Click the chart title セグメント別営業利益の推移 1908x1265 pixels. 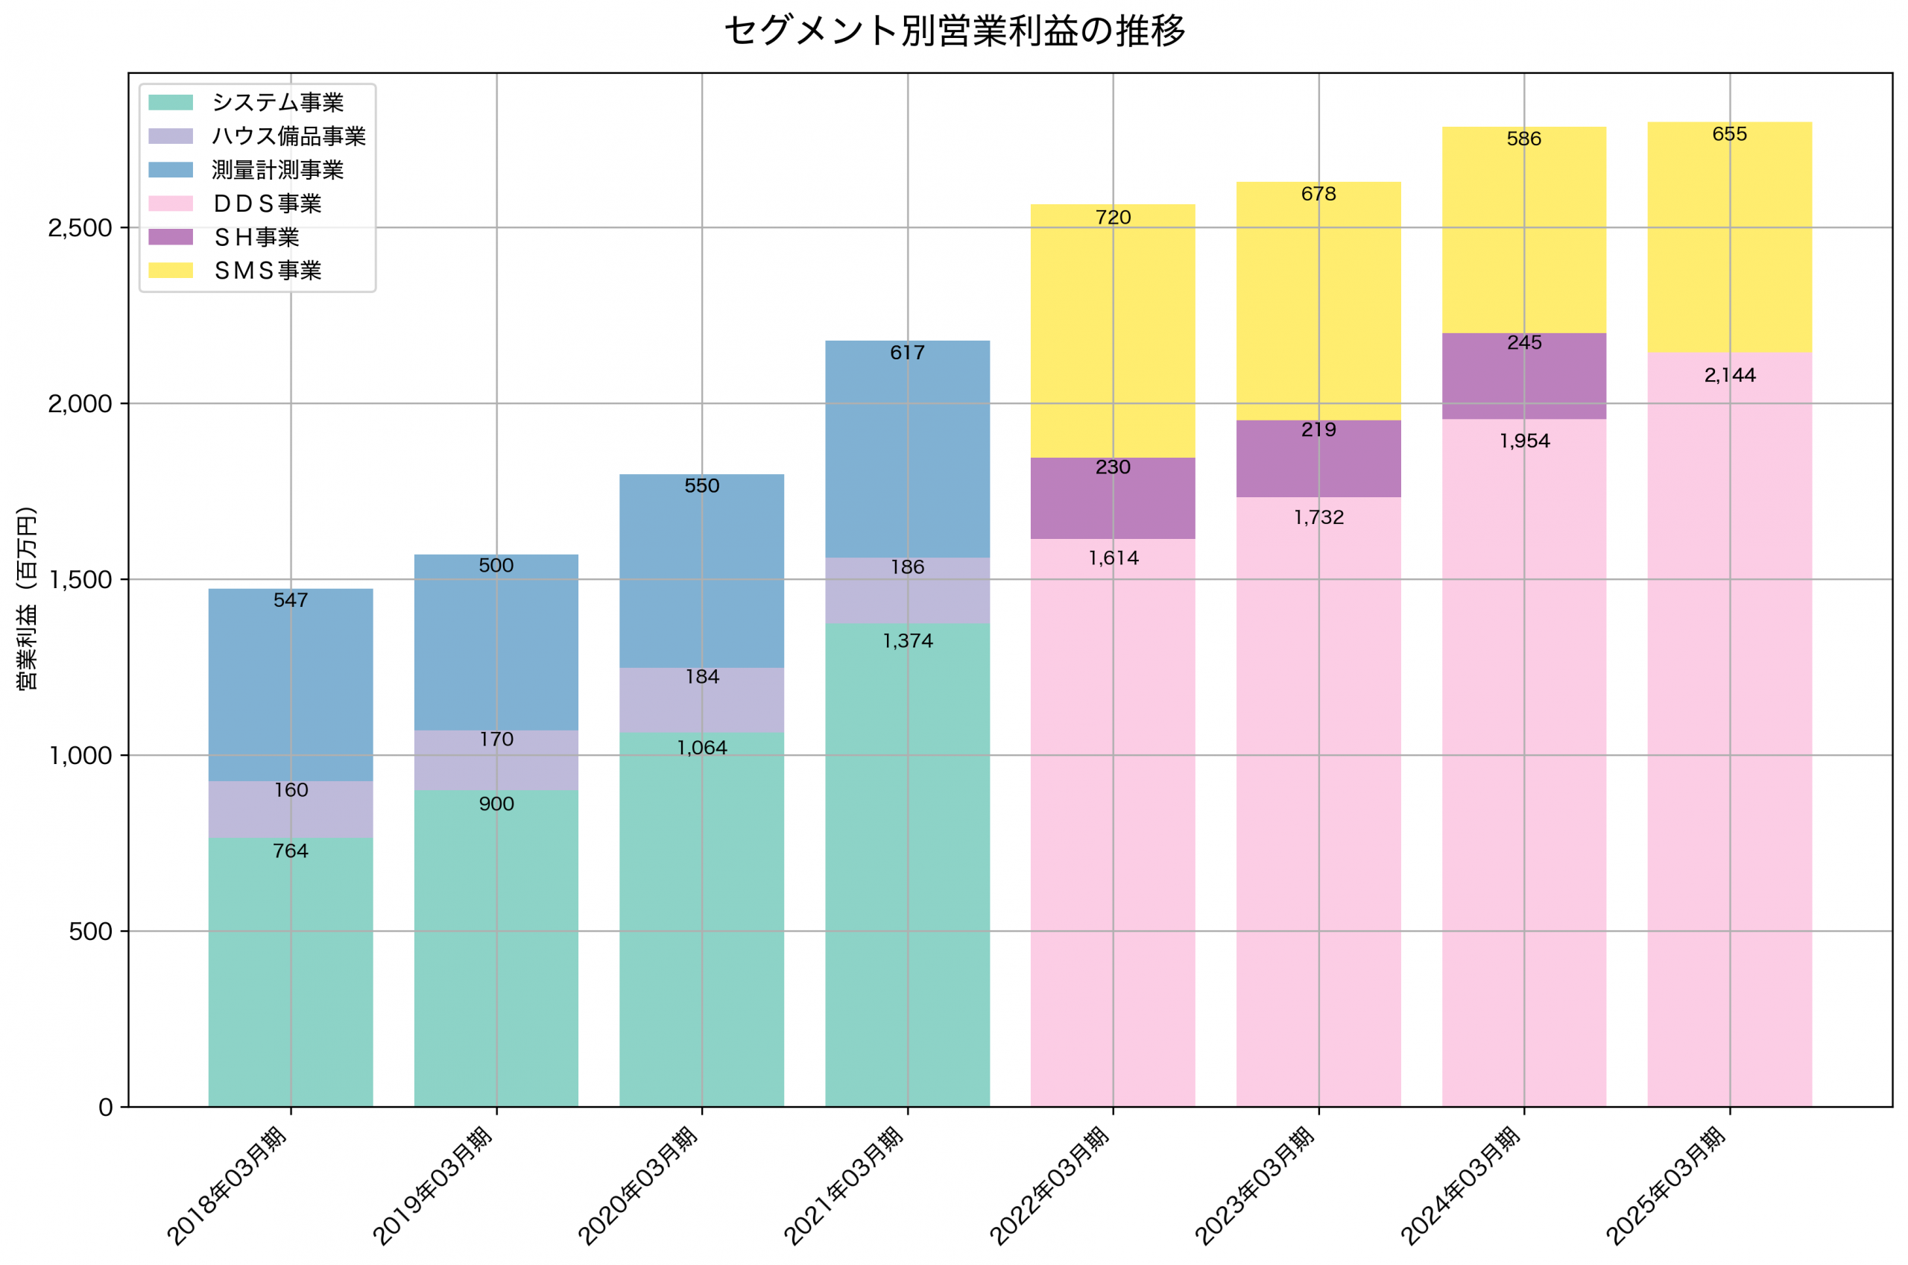[954, 31]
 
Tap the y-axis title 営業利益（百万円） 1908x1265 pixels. [28, 598]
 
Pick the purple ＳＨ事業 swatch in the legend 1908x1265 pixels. [171, 237]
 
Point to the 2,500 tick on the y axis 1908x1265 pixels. [80, 228]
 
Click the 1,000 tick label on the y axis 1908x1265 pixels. [80, 756]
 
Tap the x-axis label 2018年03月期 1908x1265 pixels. [227, 1186]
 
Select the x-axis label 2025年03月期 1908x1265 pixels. [1666, 1186]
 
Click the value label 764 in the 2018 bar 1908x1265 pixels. [291, 851]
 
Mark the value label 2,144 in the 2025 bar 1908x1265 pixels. [1729, 375]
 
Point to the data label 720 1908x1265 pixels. [1113, 218]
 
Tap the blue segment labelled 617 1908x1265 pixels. [907, 452]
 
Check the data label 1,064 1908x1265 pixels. [701, 748]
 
